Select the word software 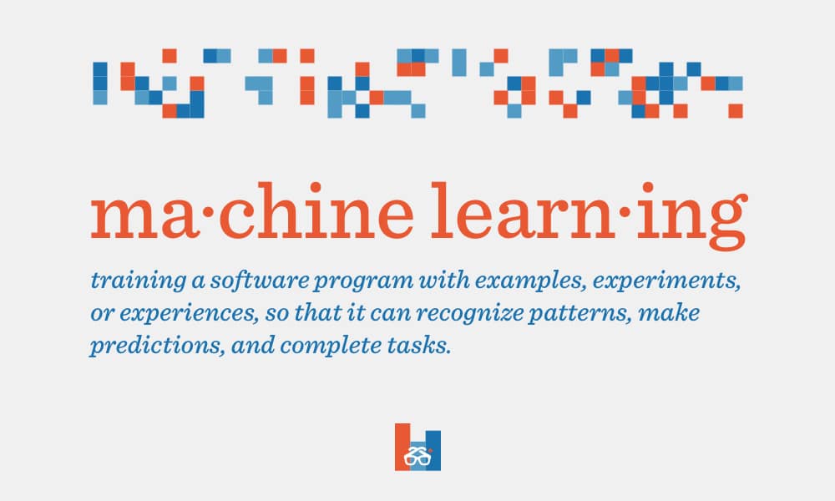[259, 280]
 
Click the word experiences [185, 314]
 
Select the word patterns [577, 314]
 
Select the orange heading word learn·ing [589, 215]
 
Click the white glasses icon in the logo [417, 456]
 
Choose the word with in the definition [444, 280]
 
